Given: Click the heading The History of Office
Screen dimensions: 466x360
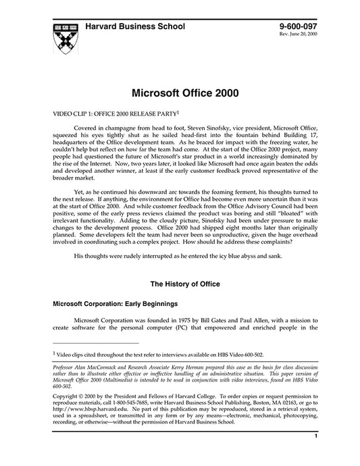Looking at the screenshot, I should tap(180, 284).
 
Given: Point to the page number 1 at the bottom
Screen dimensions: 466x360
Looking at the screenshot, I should tap(315, 456).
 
